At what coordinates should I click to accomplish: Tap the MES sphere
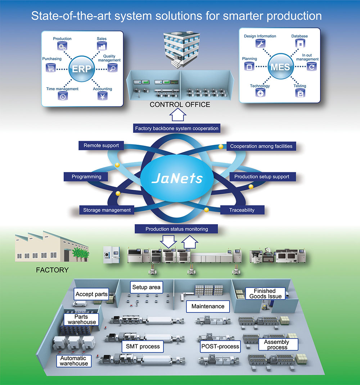(280, 67)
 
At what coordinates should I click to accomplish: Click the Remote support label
(99, 146)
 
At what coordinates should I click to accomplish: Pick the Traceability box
(242, 210)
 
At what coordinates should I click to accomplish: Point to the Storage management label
(107, 210)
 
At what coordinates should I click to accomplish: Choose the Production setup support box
(259, 177)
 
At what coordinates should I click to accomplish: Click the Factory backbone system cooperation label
(176, 128)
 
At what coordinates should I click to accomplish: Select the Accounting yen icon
(102, 96)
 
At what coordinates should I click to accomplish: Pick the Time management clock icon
(62, 96)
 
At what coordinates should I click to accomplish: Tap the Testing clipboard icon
(300, 94)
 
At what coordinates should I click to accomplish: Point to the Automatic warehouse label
(73, 361)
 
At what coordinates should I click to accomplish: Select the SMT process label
(143, 347)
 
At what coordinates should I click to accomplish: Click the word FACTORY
(52, 269)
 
